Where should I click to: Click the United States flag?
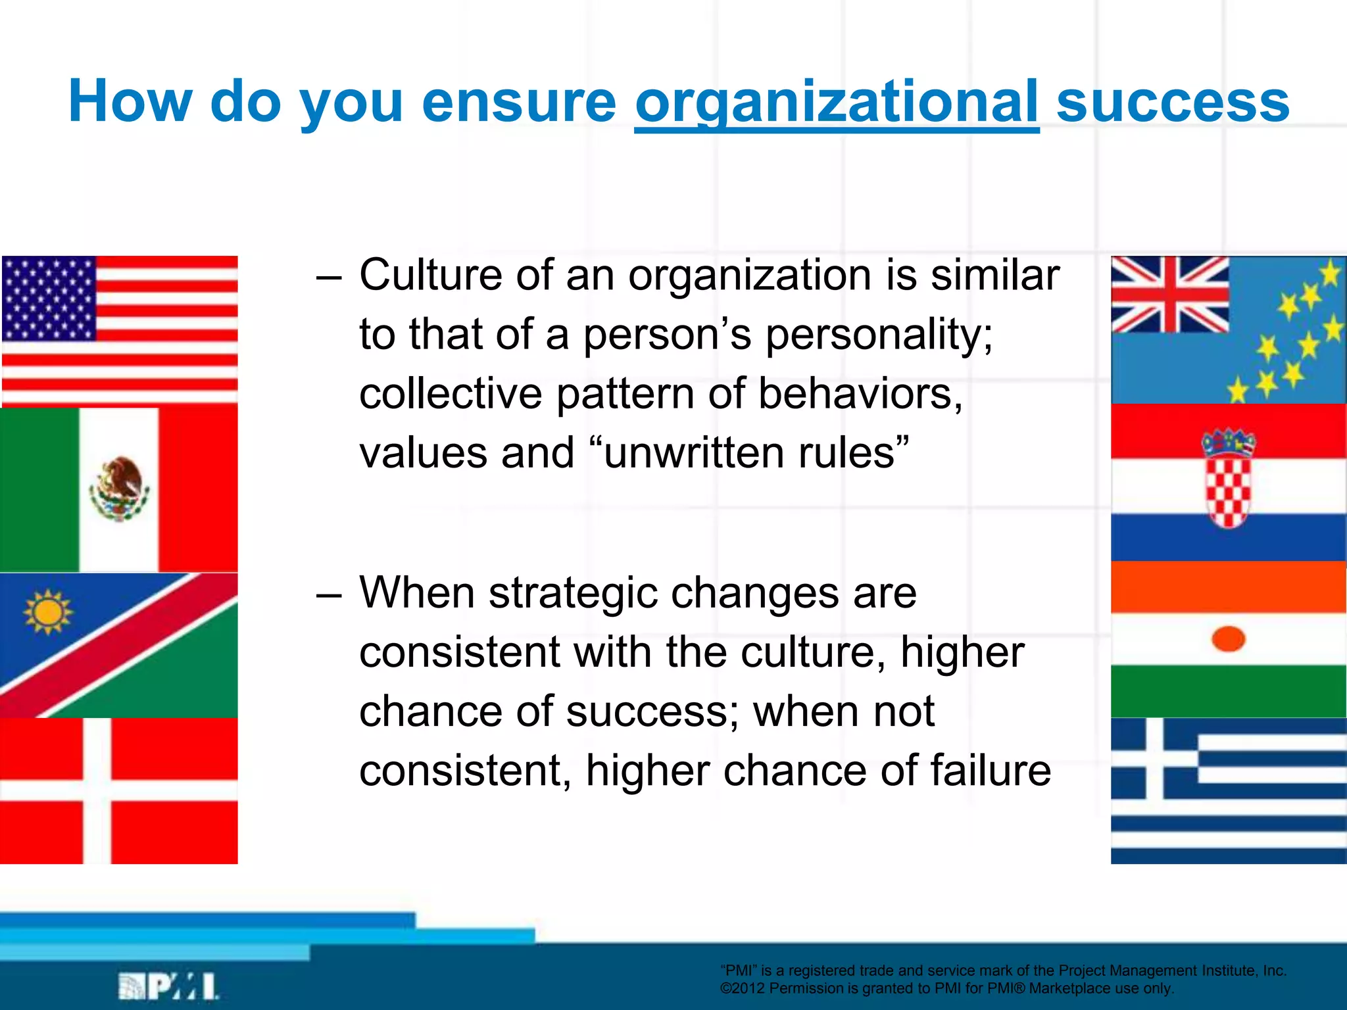[x=120, y=331]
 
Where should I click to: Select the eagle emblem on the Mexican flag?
[x=119, y=488]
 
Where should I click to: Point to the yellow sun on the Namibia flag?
[x=47, y=612]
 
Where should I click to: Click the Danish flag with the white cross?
[x=119, y=791]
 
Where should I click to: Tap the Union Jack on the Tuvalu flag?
[x=1169, y=294]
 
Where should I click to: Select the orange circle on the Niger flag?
[x=1228, y=638]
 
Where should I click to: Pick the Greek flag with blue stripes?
[x=1228, y=791]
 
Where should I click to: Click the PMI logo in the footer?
[x=168, y=986]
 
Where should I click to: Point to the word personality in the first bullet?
[x=879, y=334]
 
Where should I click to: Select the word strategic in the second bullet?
[x=572, y=593]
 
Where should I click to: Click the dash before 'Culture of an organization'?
[x=329, y=276]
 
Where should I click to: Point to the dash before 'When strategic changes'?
[x=329, y=594]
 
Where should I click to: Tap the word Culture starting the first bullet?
[x=430, y=275]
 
